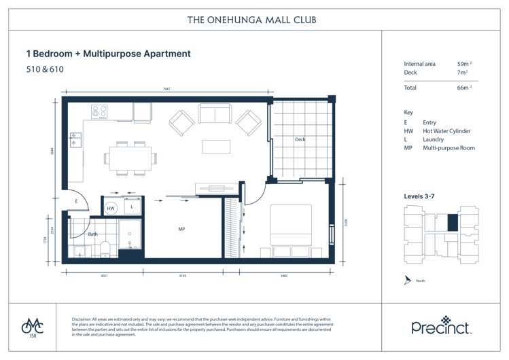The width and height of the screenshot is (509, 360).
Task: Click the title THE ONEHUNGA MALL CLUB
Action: (x=251, y=20)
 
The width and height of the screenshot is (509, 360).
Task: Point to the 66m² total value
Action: (x=464, y=88)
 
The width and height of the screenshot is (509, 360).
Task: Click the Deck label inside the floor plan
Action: (x=300, y=140)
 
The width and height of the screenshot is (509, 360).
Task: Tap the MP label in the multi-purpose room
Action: (x=181, y=230)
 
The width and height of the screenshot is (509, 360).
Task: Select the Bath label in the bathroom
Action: (x=92, y=234)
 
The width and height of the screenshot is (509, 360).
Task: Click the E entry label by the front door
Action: (x=77, y=202)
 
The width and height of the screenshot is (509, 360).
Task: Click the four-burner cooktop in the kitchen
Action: (x=100, y=111)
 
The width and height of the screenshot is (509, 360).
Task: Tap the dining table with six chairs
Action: (x=130, y=157)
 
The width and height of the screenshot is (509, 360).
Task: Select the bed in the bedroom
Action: (x=292, y=225)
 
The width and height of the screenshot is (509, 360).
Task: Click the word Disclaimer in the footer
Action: (x=84, y=319)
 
